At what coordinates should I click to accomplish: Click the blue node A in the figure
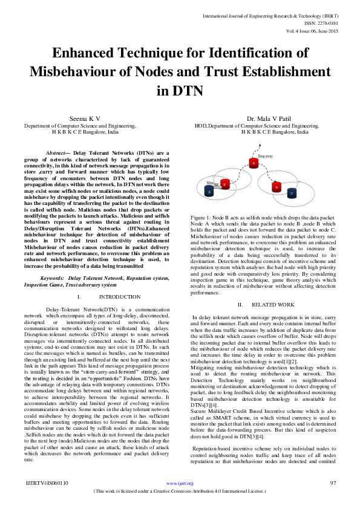(209, 191)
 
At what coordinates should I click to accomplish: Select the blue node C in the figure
(292, 193)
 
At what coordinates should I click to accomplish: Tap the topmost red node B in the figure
(254, 163)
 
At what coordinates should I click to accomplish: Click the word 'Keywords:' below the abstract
(53, 278)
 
